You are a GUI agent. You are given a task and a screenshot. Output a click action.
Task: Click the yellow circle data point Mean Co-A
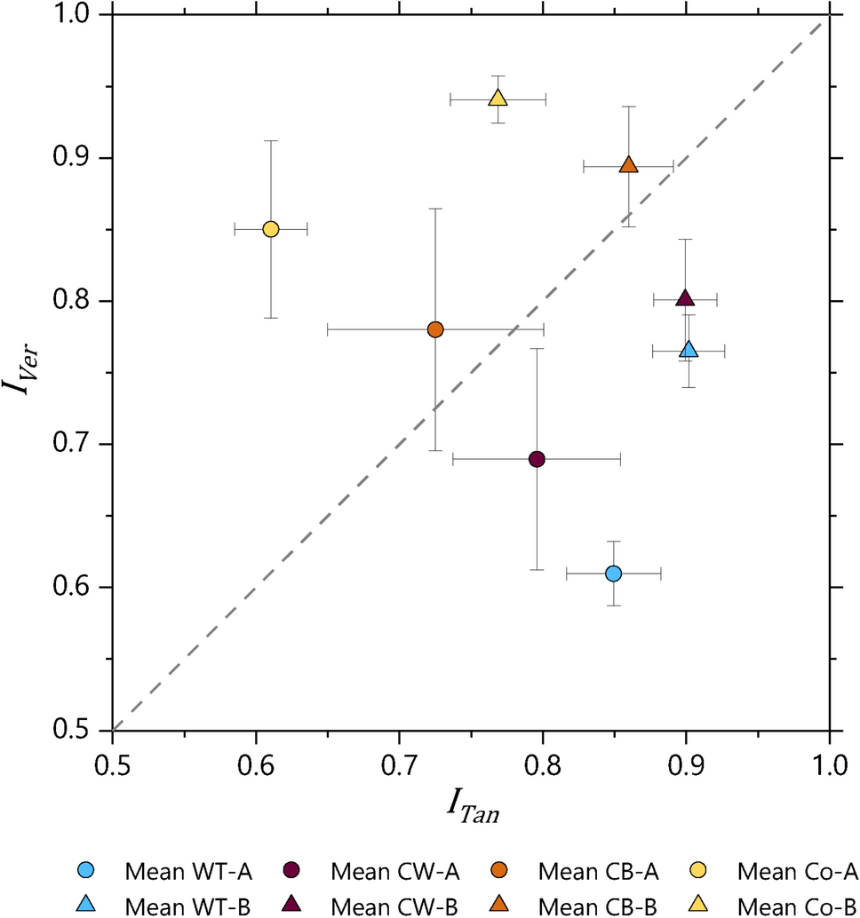click(x=271, y=229)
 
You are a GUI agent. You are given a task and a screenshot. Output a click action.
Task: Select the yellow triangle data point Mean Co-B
click(x=498, y=99)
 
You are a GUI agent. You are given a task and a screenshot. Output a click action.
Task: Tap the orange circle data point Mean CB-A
click(x=435, y=329)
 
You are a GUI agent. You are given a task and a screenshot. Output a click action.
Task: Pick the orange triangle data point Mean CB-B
click(x=628, y=166)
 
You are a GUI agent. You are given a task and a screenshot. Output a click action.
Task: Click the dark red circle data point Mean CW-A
click(x=537, y=459)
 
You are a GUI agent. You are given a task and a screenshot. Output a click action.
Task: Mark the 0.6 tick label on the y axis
click(x=77, y=588)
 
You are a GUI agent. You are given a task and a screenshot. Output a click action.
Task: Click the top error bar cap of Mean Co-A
click(x=271, y=140)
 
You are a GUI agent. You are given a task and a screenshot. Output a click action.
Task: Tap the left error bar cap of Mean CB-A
click(x=328, y=329)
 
